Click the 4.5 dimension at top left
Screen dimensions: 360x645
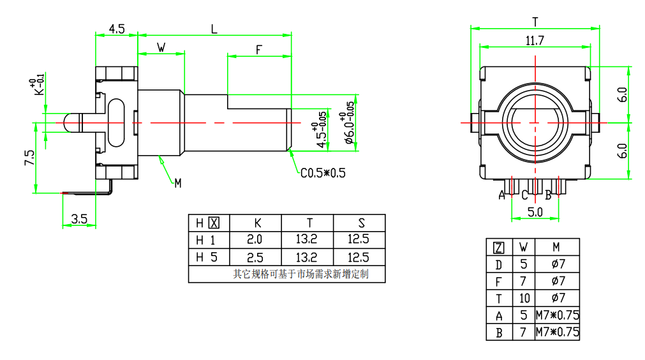[116, 29]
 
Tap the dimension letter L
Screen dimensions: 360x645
[214, 29]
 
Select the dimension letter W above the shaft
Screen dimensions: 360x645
[161, 47]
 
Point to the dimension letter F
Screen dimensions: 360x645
[259, 50]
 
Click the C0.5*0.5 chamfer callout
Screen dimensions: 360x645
[323, 173]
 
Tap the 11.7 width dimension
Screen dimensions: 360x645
[535, 41]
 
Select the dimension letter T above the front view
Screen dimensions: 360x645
[535, 22]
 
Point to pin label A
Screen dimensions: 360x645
[502, 195]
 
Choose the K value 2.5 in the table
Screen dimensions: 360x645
[255, 258]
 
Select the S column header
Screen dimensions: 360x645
[361, 223]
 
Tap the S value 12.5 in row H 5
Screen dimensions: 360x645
[360, 258]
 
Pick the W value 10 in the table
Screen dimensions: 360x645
[524, 298]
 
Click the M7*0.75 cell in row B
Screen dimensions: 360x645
[557, 333]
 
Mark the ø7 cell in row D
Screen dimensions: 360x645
[557, 264]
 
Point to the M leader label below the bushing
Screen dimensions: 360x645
[178, 183]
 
